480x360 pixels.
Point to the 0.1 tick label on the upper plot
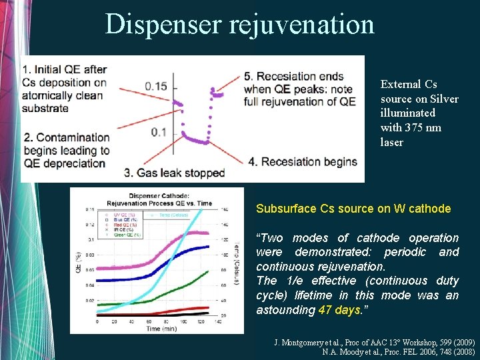(159, 132)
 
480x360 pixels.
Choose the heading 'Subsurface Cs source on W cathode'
(353, 209)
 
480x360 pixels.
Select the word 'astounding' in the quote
(286, 310)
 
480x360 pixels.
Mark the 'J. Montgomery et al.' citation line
(374, 342)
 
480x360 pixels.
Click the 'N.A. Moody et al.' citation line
(398, 351)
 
